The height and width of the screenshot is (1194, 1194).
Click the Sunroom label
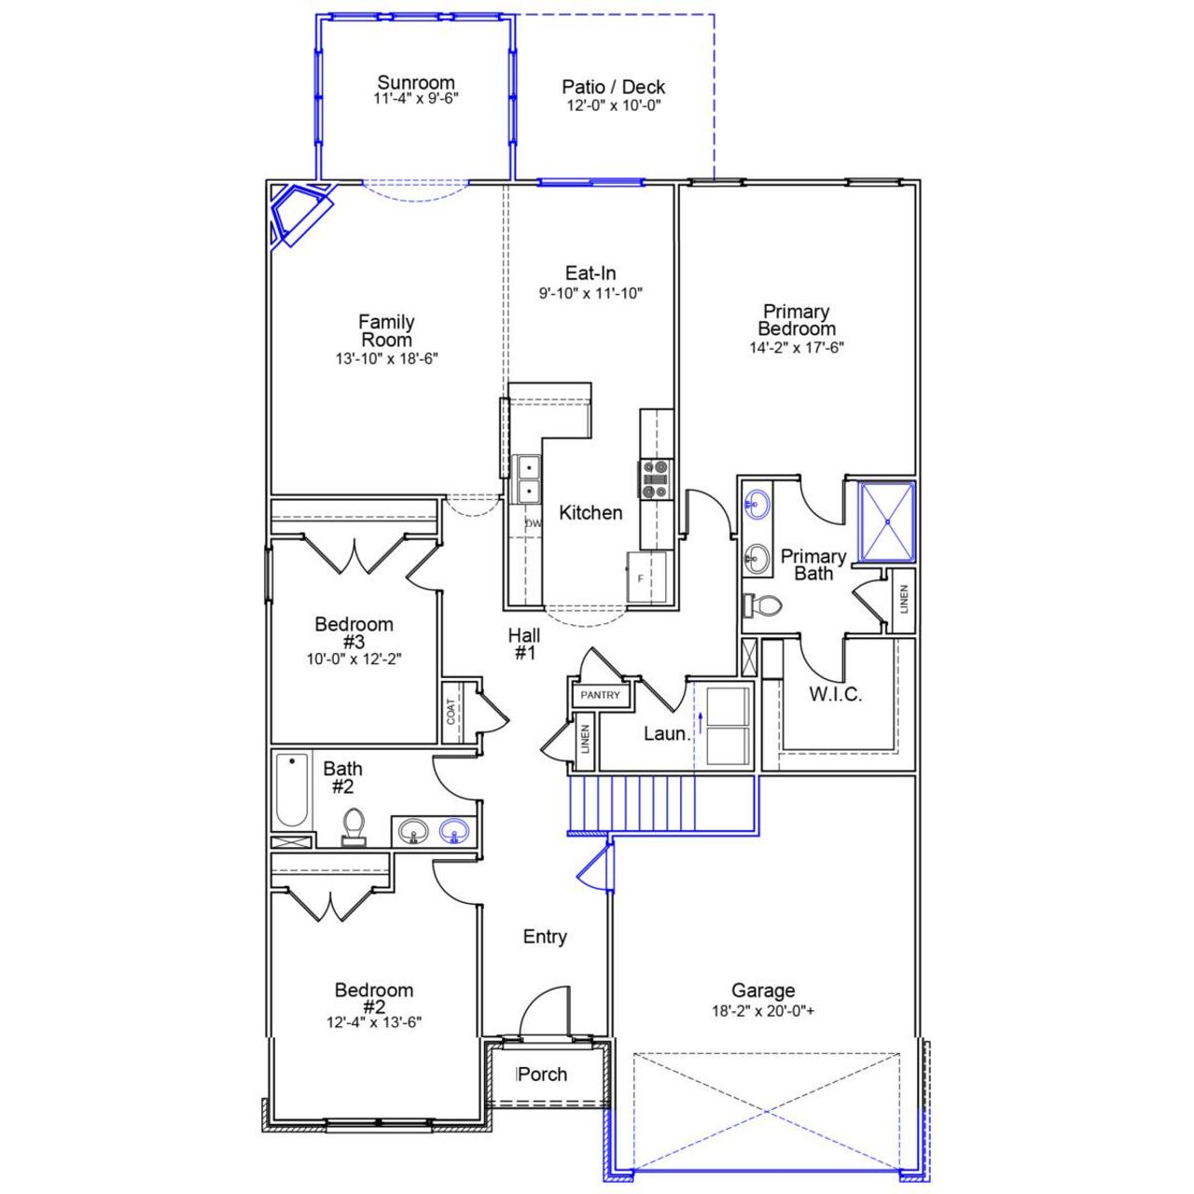pyautogui.click(x=416, y=82)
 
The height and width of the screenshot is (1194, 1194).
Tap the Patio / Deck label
pyautogui.click(x=613, y=87)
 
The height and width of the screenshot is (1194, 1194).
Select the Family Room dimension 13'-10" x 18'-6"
pyautogui.click(x=387, y=358)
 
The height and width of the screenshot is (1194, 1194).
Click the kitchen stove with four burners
pyautogui.click(x=655, y=478)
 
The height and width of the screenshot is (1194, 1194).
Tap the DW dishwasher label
pyautogui.click(x=534, y=523)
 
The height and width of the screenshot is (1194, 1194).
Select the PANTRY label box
pyautogui.click(x=600, y=695)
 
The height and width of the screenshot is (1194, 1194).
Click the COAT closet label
pyautogui.click(x=451, y=713)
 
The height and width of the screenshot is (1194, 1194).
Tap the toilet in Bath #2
pyautogui.click(x=353, y=826)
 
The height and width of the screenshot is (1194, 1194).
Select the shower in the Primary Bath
pyautogui.click(x=886, y=521)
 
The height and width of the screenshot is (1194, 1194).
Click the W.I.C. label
pyautogui.click(x=835, y=694)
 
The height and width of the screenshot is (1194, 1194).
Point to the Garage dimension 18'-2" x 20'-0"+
pyautogui.click(x=763, y=1010)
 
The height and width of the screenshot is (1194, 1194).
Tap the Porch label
pyautogui.click(x=542, y=1074)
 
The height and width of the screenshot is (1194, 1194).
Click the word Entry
pyautogui.click(x=545, y=937)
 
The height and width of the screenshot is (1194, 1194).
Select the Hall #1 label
pyautogui.click(x=524, y=644)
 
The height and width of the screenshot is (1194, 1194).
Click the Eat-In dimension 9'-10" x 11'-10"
pyautogui.click(x=591, y=293)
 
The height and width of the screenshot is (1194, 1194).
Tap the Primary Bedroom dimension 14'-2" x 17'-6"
pyautogui.click(x=797, y=348)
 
